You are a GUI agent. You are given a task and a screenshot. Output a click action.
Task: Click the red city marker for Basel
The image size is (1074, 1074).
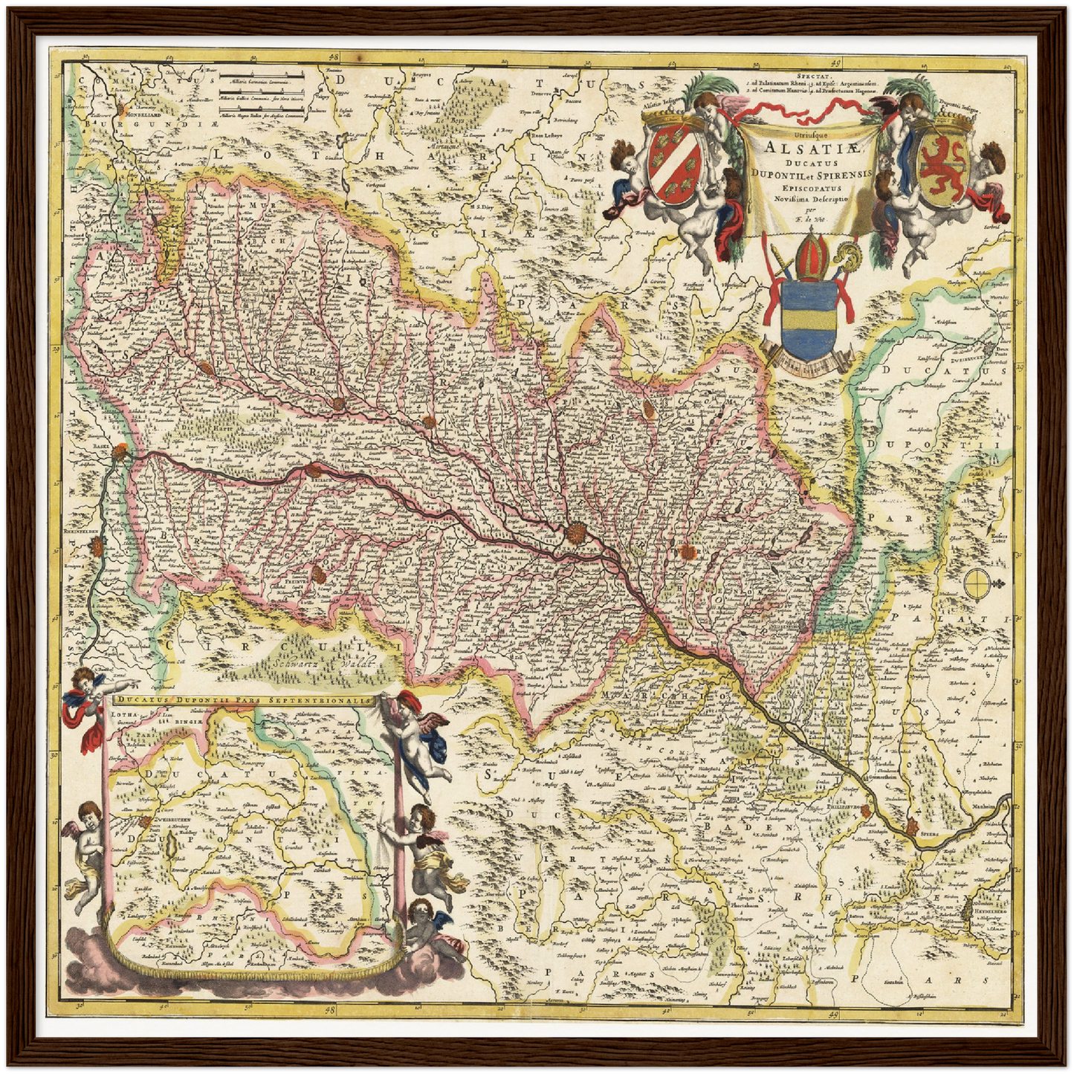(119, 452)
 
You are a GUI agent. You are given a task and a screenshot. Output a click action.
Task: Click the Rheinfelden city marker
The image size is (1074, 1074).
(97, 548)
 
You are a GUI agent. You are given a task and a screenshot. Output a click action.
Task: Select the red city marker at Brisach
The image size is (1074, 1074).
(314, 470)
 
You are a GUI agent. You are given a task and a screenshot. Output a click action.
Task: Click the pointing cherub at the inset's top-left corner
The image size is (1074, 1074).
(85, 702)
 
